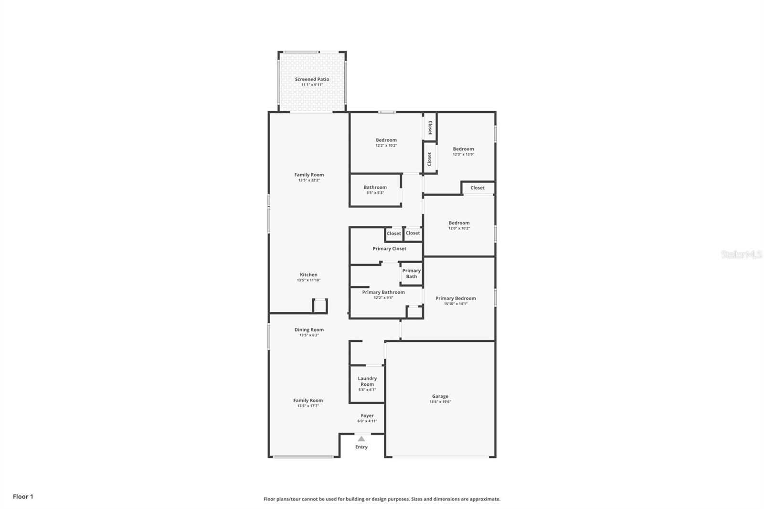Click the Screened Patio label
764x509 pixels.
click(312, 79)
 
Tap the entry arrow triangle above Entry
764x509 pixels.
click(361, 439)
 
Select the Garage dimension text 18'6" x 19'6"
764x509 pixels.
click(440, 402)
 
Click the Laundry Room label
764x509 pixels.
click(367, 381)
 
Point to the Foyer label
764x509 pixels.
click(367, 416)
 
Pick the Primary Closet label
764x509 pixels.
click(389, 249)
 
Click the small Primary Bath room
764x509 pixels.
click(411, 274)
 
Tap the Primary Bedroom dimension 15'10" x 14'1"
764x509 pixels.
click(456, 304)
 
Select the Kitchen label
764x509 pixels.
click(308, 275)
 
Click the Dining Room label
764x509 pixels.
click(309, 329)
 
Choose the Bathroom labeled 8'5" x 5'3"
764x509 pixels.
click(375, 190)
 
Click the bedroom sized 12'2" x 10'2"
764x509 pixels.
click(386, 142)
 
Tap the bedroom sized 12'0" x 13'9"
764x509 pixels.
click(463, 151)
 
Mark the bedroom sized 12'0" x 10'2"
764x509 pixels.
click(459, 225)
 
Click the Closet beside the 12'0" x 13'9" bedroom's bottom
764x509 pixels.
click(477, 188)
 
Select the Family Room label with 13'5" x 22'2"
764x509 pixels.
click(309, 175)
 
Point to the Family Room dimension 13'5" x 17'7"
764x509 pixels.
click(308, 406)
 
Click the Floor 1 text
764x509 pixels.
click(23, 497)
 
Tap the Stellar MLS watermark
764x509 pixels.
click(741, 255)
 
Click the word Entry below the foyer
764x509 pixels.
click(361, 447)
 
